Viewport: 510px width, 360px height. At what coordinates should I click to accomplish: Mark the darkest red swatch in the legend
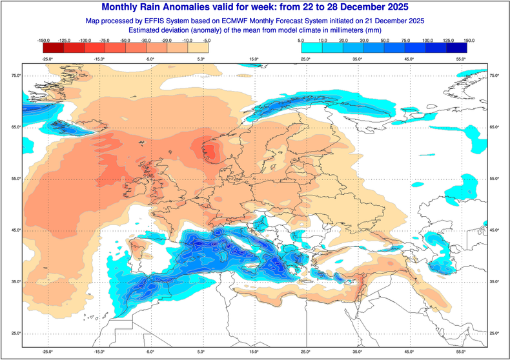(x=50, y=47)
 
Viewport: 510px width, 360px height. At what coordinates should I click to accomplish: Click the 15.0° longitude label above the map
(x=254, y=59)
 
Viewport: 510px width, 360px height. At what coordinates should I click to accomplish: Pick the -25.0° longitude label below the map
(x=46, y=352)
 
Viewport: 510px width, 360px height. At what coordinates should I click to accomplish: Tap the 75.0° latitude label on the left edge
(x=15, y=76)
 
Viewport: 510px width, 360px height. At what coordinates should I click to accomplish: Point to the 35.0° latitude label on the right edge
(x=494, y=282)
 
